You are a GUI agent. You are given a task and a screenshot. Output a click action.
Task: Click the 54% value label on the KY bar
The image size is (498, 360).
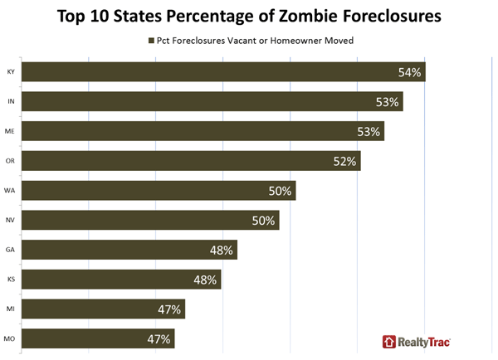point(410,73)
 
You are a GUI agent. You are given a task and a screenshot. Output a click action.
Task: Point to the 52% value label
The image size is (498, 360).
point(344,161)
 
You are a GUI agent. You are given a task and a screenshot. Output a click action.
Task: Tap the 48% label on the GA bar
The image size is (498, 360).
point(222,250)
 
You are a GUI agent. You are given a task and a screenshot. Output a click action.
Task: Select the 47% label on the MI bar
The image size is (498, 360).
point(169,309)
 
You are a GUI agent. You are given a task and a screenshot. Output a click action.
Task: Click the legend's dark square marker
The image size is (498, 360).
point(149,40)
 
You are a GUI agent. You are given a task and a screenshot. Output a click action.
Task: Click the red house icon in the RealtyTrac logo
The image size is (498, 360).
point(389,341)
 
